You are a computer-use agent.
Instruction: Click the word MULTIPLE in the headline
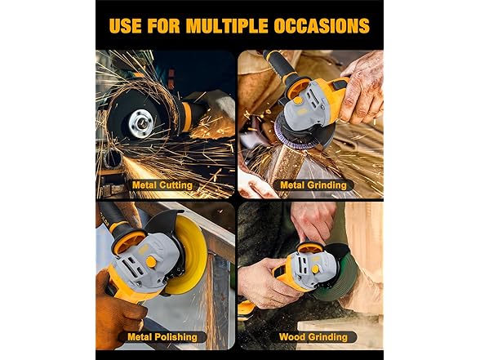[x=227, y=25]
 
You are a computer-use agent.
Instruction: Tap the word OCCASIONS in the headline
[x=322, y=25]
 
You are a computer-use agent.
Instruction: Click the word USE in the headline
[x=125, y=25]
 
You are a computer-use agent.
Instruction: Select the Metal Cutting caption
[x=162, y=185]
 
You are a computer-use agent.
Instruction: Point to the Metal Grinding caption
[x=313, y=185]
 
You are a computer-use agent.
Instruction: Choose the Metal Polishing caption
[x=162, y=337]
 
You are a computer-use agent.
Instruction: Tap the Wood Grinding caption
[x=313, y=337]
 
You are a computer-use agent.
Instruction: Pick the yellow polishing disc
[x=188, y=255]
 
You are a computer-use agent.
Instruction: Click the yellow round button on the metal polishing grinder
[x=150, y=262]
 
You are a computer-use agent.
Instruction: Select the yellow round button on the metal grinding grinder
[x=296, y=100]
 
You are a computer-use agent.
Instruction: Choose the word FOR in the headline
[x=163, y=25]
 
